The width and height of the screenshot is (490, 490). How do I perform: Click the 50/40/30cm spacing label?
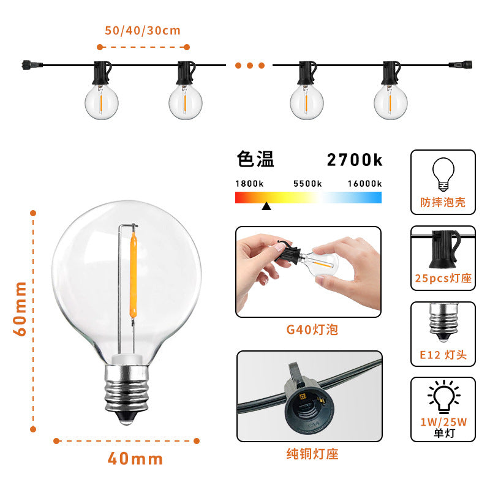tap(143, 30)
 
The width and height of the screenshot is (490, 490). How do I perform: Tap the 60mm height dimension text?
tap(20, 308)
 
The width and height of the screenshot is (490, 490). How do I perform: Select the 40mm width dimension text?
tap(135, 458)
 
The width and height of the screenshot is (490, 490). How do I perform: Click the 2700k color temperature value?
tap(354, 160)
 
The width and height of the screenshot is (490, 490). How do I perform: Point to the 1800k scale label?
tap(249, 184)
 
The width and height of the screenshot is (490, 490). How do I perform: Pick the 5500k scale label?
tap(307, 184)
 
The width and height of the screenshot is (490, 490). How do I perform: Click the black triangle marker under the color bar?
tap(266, 206)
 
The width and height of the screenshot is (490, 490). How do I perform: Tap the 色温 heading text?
tap(255, 160)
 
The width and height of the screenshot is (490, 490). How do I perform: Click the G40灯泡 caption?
tap(312, 330)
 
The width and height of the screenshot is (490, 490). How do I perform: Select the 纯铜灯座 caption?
tap(312, 454)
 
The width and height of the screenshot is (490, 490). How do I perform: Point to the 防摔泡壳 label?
tap(443, 202)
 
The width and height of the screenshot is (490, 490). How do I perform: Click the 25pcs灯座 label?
tap(443, 278)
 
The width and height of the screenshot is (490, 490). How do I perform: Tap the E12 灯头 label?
tap(443, 355)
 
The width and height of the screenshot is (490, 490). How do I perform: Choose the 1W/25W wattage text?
tap(443, 423)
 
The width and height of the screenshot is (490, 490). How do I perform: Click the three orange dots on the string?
tap(249, 65)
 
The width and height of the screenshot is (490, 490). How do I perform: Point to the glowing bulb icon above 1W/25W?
tap(443, 397)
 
